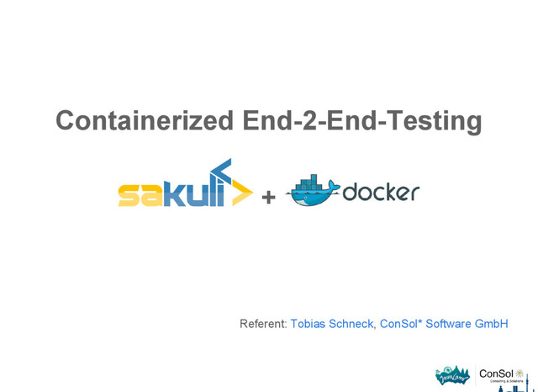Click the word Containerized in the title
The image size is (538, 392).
144,121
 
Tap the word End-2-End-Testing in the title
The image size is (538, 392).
361,121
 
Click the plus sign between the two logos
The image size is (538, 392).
269,198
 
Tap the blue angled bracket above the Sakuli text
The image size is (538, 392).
220,168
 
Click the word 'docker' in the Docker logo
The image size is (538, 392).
380,193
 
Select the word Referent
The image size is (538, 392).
263,324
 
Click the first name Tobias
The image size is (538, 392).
310,324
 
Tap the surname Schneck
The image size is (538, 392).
354,324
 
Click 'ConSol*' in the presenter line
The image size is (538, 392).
401,324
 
